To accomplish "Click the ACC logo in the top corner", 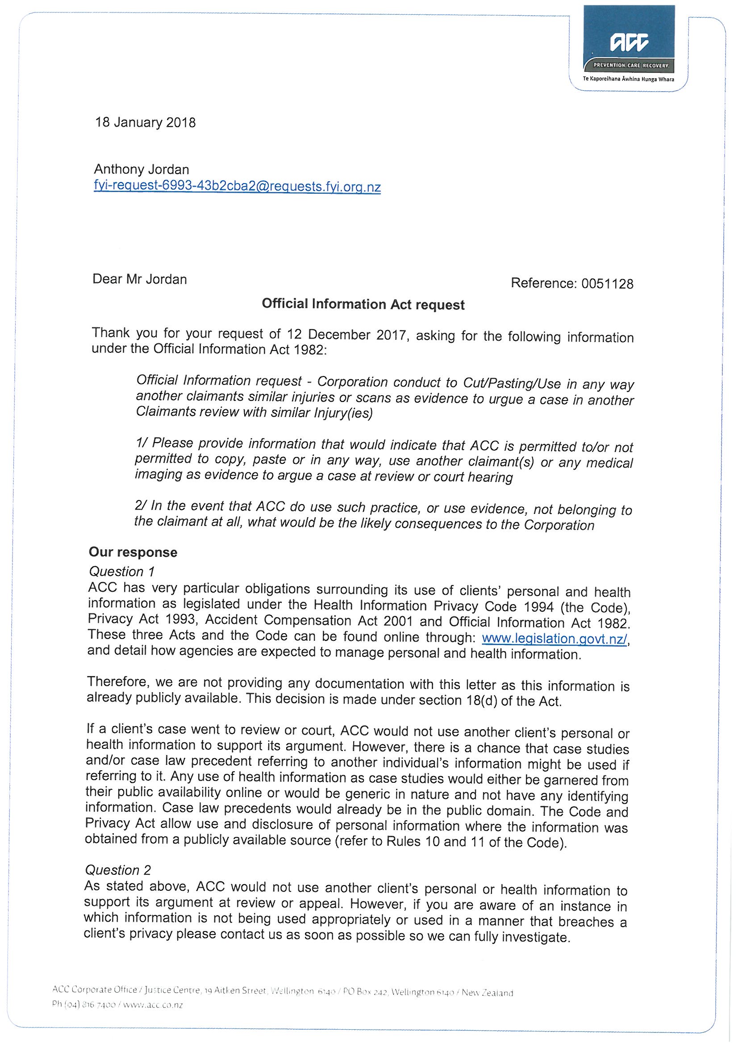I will [x=629, y=43].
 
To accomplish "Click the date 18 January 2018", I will [x=145, y=123].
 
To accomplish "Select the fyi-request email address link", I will [x=237, y=187].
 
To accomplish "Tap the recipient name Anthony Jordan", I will [x=142, y=170].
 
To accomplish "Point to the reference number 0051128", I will [x=607, y=284].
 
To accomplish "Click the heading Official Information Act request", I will [x=363, y=304].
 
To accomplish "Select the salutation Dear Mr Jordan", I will [x=140, y=279].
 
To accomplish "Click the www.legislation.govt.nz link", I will [x=555, y=639].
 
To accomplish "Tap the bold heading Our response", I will [x=133, y=552].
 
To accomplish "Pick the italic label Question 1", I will [x=122, y=571].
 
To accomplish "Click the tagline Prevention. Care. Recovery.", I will [x=631, y=66].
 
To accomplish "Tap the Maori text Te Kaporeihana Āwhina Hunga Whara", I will [x=629, y=79].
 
